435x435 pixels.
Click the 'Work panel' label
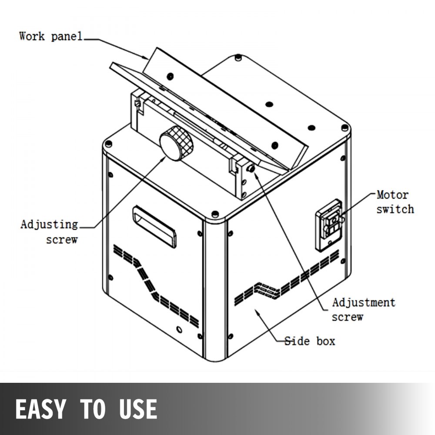pyautogui.click(x=51, y=36)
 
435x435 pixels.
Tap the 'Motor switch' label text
pyautogui.click(x=395, y=202)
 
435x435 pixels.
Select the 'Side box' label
pyautogui.click(x=310, y=341)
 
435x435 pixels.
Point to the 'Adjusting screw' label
pyautogui.click(x=50, y=231)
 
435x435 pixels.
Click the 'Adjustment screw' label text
pyautogui.click(x=363, y=309)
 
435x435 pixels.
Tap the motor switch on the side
pyautogui.click(x=330, y=224)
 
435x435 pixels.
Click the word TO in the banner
pyautogui.click(x=93, y=409)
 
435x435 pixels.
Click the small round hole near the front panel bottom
pyautogui.click(x=178, y=329)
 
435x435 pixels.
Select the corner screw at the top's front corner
pyautogui.click(x=214, y=214)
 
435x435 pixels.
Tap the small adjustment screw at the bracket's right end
pyautogui.click(x=251, y=168)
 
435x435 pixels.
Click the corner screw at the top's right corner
pyautogui.click(x=345, y=128)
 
